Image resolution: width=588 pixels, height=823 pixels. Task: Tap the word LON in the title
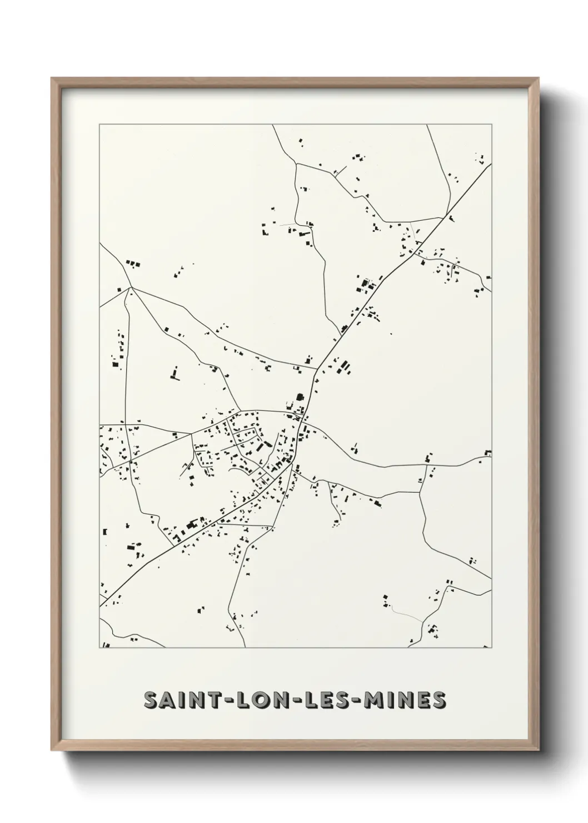coord(262,700)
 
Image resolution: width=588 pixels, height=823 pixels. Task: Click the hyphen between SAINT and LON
coord(228,701)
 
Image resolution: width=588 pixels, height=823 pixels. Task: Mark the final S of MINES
coord(439,700)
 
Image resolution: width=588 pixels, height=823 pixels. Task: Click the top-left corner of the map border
coord(99,125)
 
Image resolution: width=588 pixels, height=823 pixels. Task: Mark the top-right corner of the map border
coord(491,125)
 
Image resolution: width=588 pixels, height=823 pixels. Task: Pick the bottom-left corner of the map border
coord(99,648)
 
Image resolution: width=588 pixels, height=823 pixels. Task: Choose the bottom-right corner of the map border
coord(491,648)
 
